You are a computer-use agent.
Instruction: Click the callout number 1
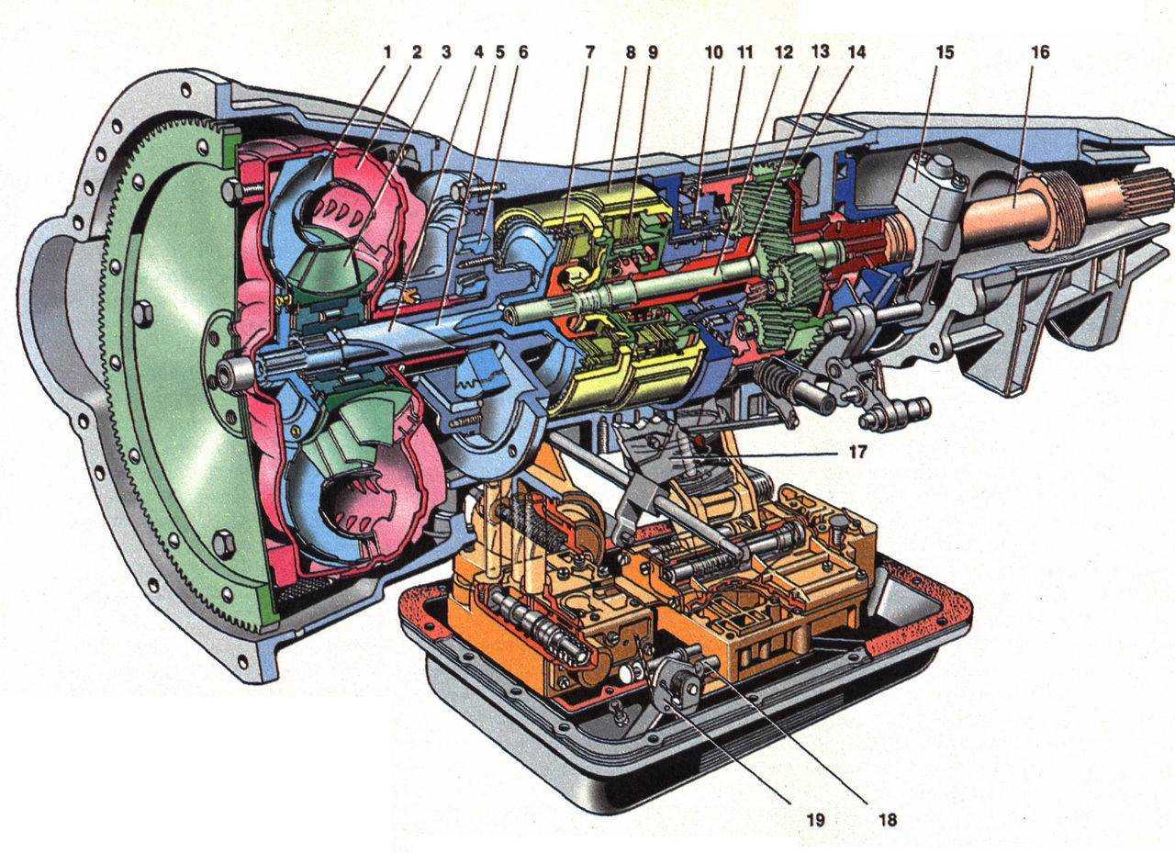coord(386,52)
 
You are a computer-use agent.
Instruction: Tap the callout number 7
coord(589,52)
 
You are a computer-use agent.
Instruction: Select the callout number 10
coord(713,52)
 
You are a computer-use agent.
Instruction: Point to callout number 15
coord(945,52)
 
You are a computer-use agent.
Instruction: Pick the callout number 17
coord(856,452)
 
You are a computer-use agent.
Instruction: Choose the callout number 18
coord(888,820)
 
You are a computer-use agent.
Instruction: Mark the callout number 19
coord(816,820)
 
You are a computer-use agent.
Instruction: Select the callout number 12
coord(783,52)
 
